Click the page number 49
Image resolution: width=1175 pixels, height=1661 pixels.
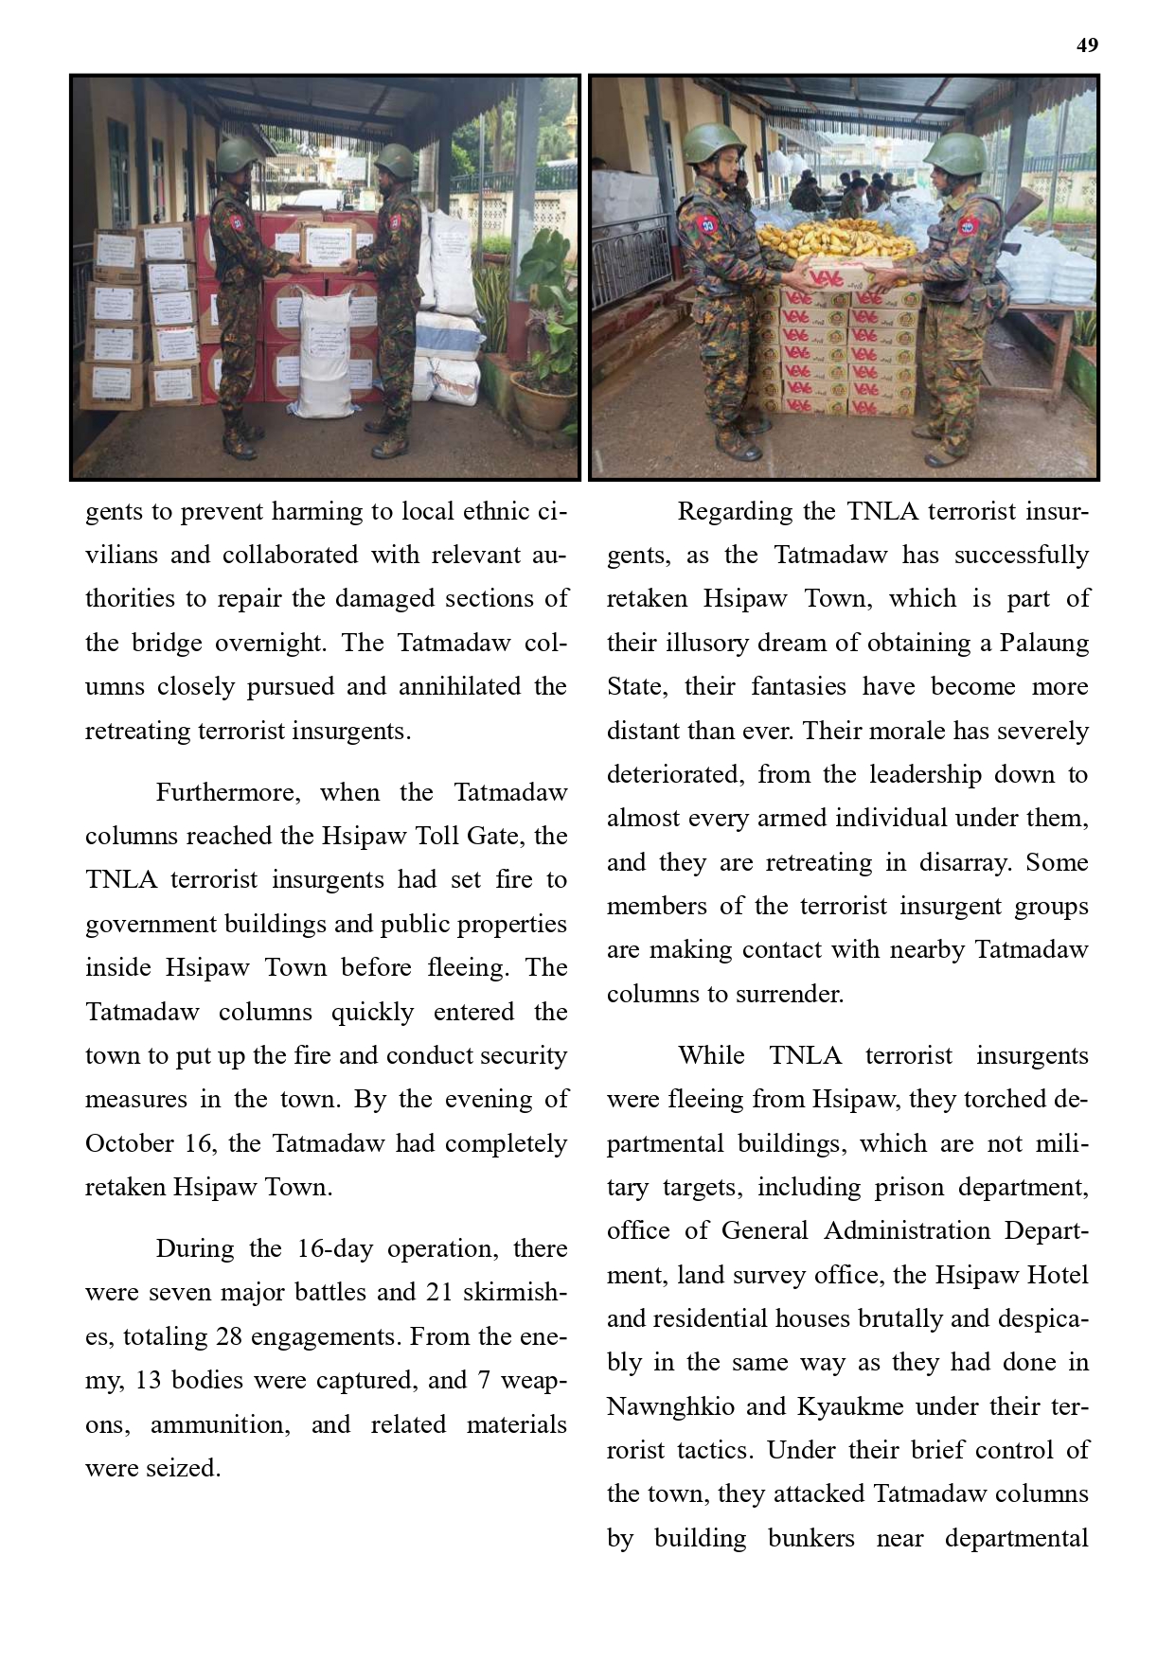click(1087, 45)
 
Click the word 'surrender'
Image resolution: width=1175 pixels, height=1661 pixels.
click(793, 994)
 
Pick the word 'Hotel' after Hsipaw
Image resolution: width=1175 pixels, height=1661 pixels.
click(1058, 1275)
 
